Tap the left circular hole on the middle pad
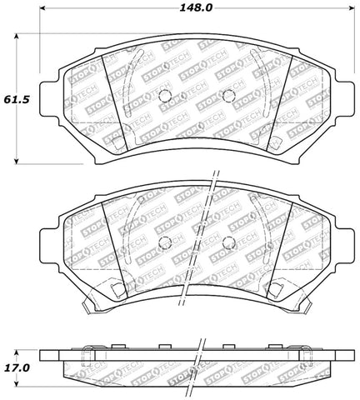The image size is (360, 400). (x=163, y=242)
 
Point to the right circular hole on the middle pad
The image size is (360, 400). (x=227, y=242)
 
